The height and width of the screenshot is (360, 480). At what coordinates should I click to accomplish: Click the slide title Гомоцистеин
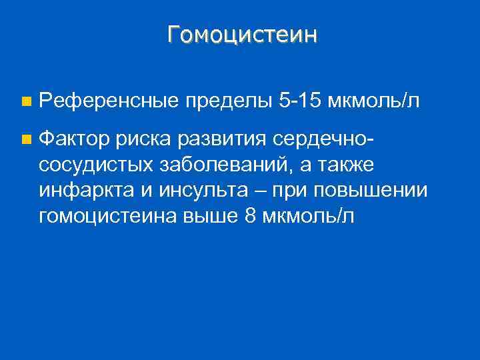point(243,34)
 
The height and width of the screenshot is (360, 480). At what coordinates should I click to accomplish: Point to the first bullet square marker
point(25,102)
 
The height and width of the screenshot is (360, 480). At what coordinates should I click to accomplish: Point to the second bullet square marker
point(25,140)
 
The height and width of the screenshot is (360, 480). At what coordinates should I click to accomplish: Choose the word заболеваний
point(220,165)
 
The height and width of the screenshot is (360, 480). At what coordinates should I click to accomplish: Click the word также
point(337,165)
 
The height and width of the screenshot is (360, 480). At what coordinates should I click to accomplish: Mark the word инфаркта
point(85,190)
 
